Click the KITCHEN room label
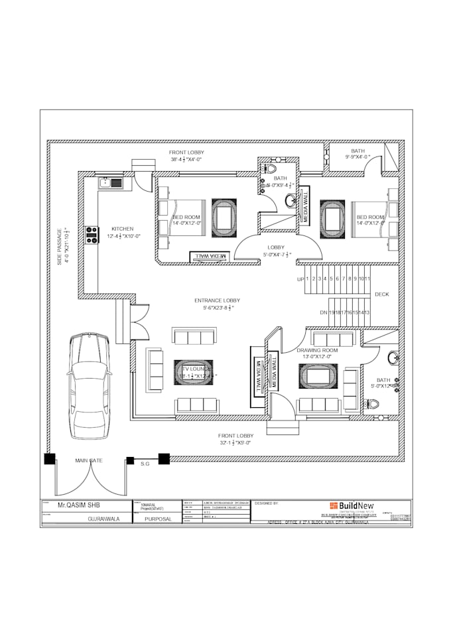tap(122, 228)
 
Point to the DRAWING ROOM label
tap(317, 350)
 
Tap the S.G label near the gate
tap(145, 464)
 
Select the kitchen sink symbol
tap(111, 181)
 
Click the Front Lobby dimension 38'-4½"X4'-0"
tap(186, 159)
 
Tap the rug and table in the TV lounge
tap(193, 373)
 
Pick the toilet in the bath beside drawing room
tap(373, 403)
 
